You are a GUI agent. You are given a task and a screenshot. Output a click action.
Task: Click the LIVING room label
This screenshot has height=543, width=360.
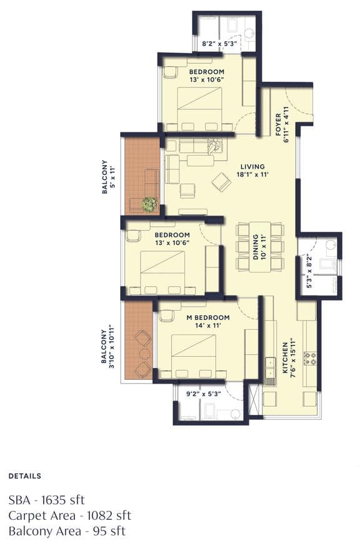click(252, 167)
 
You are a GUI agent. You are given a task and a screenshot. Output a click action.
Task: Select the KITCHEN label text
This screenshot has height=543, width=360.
click(284, 358)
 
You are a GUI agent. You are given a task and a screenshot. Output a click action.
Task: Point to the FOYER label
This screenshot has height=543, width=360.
click(279, 124)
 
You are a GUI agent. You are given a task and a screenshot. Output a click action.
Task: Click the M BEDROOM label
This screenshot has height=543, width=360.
click(208, 317)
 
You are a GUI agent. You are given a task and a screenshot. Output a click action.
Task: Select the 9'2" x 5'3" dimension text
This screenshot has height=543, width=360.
click(204, 394)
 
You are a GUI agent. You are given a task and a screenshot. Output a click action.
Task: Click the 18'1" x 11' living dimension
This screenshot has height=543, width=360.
click(252, 176)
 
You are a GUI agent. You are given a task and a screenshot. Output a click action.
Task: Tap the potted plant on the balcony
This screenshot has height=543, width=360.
click(149, 203)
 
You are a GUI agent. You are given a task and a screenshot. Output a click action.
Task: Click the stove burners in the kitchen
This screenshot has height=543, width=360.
click(309, 358)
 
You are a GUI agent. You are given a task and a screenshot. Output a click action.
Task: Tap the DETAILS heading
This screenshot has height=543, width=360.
click(24, 476)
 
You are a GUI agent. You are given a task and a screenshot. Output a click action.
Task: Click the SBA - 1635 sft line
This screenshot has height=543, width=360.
click(46, 500)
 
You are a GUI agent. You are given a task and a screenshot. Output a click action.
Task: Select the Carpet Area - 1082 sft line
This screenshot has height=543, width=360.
click(69, 516)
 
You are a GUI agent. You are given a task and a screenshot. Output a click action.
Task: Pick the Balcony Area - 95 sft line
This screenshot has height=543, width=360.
click(67, 531)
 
